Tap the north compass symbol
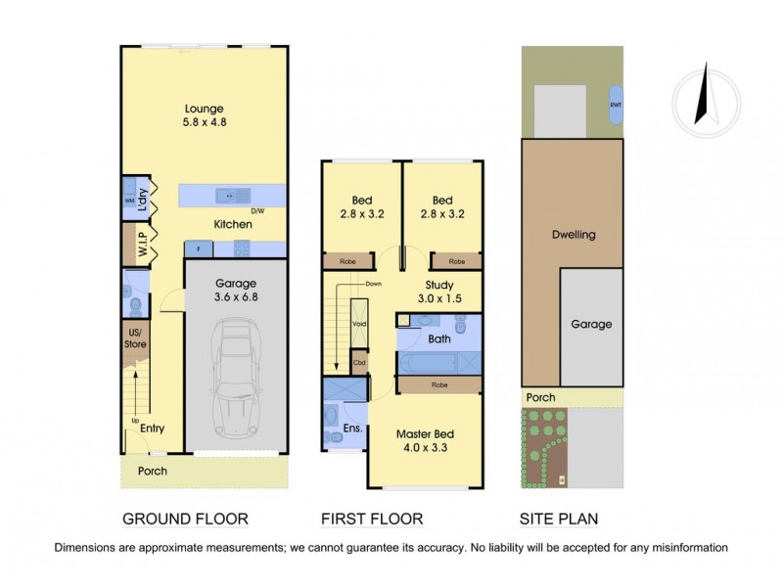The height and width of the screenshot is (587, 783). [699, 96]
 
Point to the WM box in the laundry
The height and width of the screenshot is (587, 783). [129, 201]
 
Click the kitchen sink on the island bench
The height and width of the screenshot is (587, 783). [227, 194]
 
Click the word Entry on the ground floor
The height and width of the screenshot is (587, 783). [152, 428]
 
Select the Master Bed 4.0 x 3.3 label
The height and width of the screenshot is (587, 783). [425, 441]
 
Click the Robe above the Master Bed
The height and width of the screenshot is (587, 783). [439, 385]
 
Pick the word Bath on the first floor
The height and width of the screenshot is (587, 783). [439, 339]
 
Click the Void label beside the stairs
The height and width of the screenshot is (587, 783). [359, 324]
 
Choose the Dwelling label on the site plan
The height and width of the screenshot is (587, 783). [572, 235]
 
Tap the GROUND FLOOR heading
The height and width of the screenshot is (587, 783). [184, 519]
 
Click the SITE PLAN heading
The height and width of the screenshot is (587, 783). [557, 519]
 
